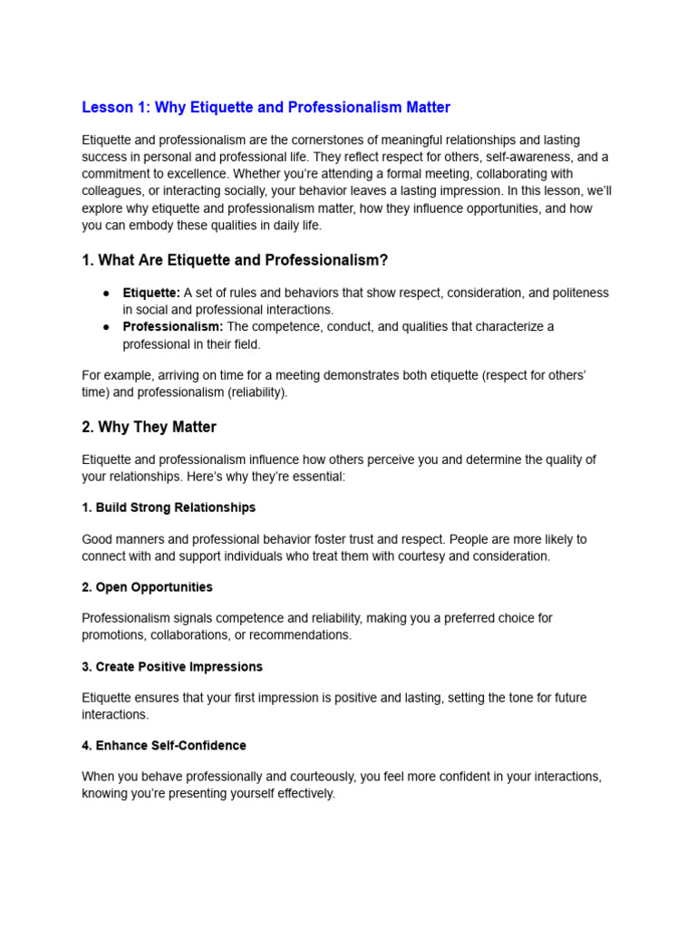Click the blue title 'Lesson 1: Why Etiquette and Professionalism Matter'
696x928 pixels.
click(266, 108)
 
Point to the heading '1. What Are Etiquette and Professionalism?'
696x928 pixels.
click(235, 261)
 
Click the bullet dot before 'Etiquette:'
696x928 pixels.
click(106, 293)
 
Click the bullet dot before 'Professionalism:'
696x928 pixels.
click(106, 326)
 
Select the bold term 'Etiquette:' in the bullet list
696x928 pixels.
click(151, 293)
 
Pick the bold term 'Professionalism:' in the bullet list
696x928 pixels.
click(173, 326)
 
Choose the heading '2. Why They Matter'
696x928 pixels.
click(149, 427)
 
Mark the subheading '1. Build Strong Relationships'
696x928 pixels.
click(169, 507)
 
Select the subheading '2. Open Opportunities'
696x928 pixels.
click(147, 587)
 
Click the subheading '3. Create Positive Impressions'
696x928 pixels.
click(172, 667)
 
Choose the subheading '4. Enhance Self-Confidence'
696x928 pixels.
click(164, 746)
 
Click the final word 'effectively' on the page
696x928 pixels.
click(304, 794)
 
